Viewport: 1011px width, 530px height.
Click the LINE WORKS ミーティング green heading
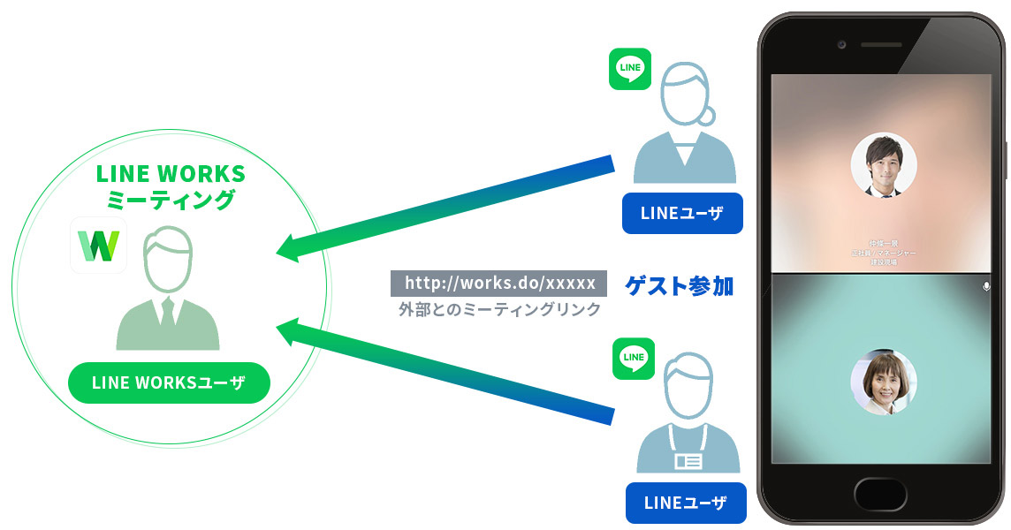click(171, 185)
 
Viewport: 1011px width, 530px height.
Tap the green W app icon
click(98, 246)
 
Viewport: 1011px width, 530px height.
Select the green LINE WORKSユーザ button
click(169, 383)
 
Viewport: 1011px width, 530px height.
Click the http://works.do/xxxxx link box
click(499, 283)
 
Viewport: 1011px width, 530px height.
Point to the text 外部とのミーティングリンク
click(499, 309)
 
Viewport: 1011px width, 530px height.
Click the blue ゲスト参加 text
click(679, 285)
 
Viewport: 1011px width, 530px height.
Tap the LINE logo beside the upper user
click(631, 68)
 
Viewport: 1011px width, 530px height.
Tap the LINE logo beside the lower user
click(634, 358)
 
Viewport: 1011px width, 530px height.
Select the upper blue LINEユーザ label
click(682, 213)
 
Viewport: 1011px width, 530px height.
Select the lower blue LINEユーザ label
click(686, 503)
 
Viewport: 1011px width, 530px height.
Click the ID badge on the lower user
click(688, 460)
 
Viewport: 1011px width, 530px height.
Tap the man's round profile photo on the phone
click(883, 166)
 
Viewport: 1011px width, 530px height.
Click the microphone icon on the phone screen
click(986, 287)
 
